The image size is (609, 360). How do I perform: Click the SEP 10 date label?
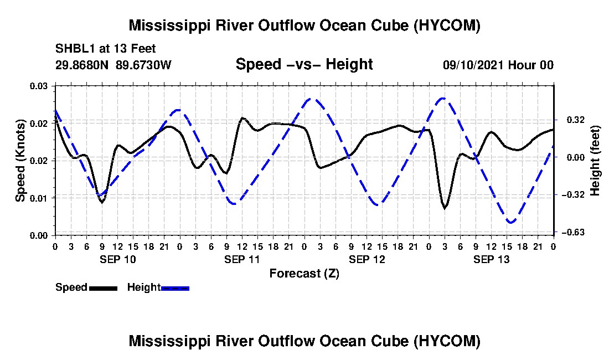coord(118,259)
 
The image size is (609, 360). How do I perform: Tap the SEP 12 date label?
coord(367,259)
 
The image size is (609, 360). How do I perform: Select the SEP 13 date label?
coord(491,259)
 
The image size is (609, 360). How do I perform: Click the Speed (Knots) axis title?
coord(20,161)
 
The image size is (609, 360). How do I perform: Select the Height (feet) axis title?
coord(595,161)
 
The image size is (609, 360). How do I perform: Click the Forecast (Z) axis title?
coord(304,274)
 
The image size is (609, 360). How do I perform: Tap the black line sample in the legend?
coord(103,288)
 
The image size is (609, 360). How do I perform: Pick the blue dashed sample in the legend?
coord(175,288)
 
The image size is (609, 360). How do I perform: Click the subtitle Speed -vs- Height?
coord(304,64)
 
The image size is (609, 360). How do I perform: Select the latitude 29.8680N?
coord(82,65)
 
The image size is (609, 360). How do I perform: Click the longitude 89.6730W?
coord(143,65)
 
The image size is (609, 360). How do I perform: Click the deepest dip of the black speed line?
coord(445,209)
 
